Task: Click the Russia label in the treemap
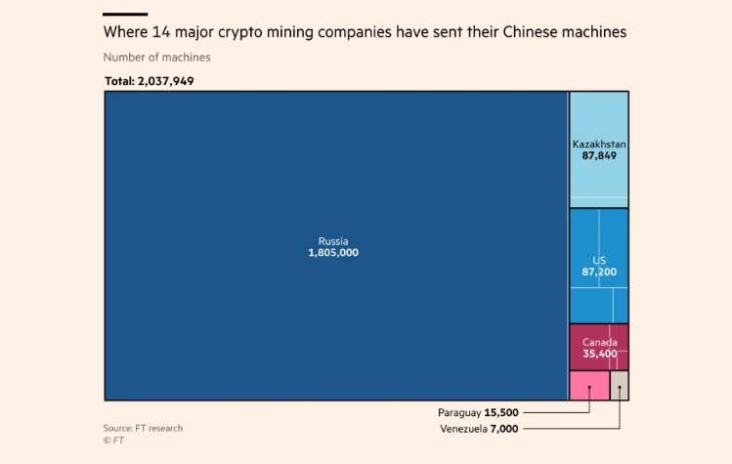click(332, 240)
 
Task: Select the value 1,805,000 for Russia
click(332, 252)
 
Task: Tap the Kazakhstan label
click(599, 144)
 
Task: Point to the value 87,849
click(599, 155)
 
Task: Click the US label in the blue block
click(599, 260)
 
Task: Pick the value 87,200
click(599, 272)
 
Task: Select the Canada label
click(599, 342)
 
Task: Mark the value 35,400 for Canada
click(599, 354)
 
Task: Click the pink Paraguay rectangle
click(588, 385)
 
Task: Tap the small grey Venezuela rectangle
click(620, 385)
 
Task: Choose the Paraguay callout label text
click(458, 413)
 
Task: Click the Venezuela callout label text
click(462, 429)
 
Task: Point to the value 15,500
click(501, 413)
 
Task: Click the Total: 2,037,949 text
click(149, 81)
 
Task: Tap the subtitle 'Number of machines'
click(156, 58)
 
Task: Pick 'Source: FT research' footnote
click(143, 428)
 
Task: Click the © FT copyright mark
click(113, 441)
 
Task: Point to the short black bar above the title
click(125, 15)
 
